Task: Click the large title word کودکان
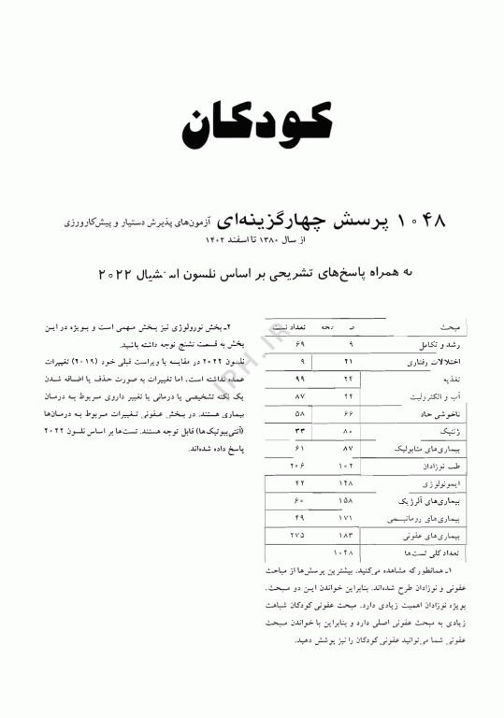(252, 120)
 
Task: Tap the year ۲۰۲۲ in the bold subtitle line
(117, 274)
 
